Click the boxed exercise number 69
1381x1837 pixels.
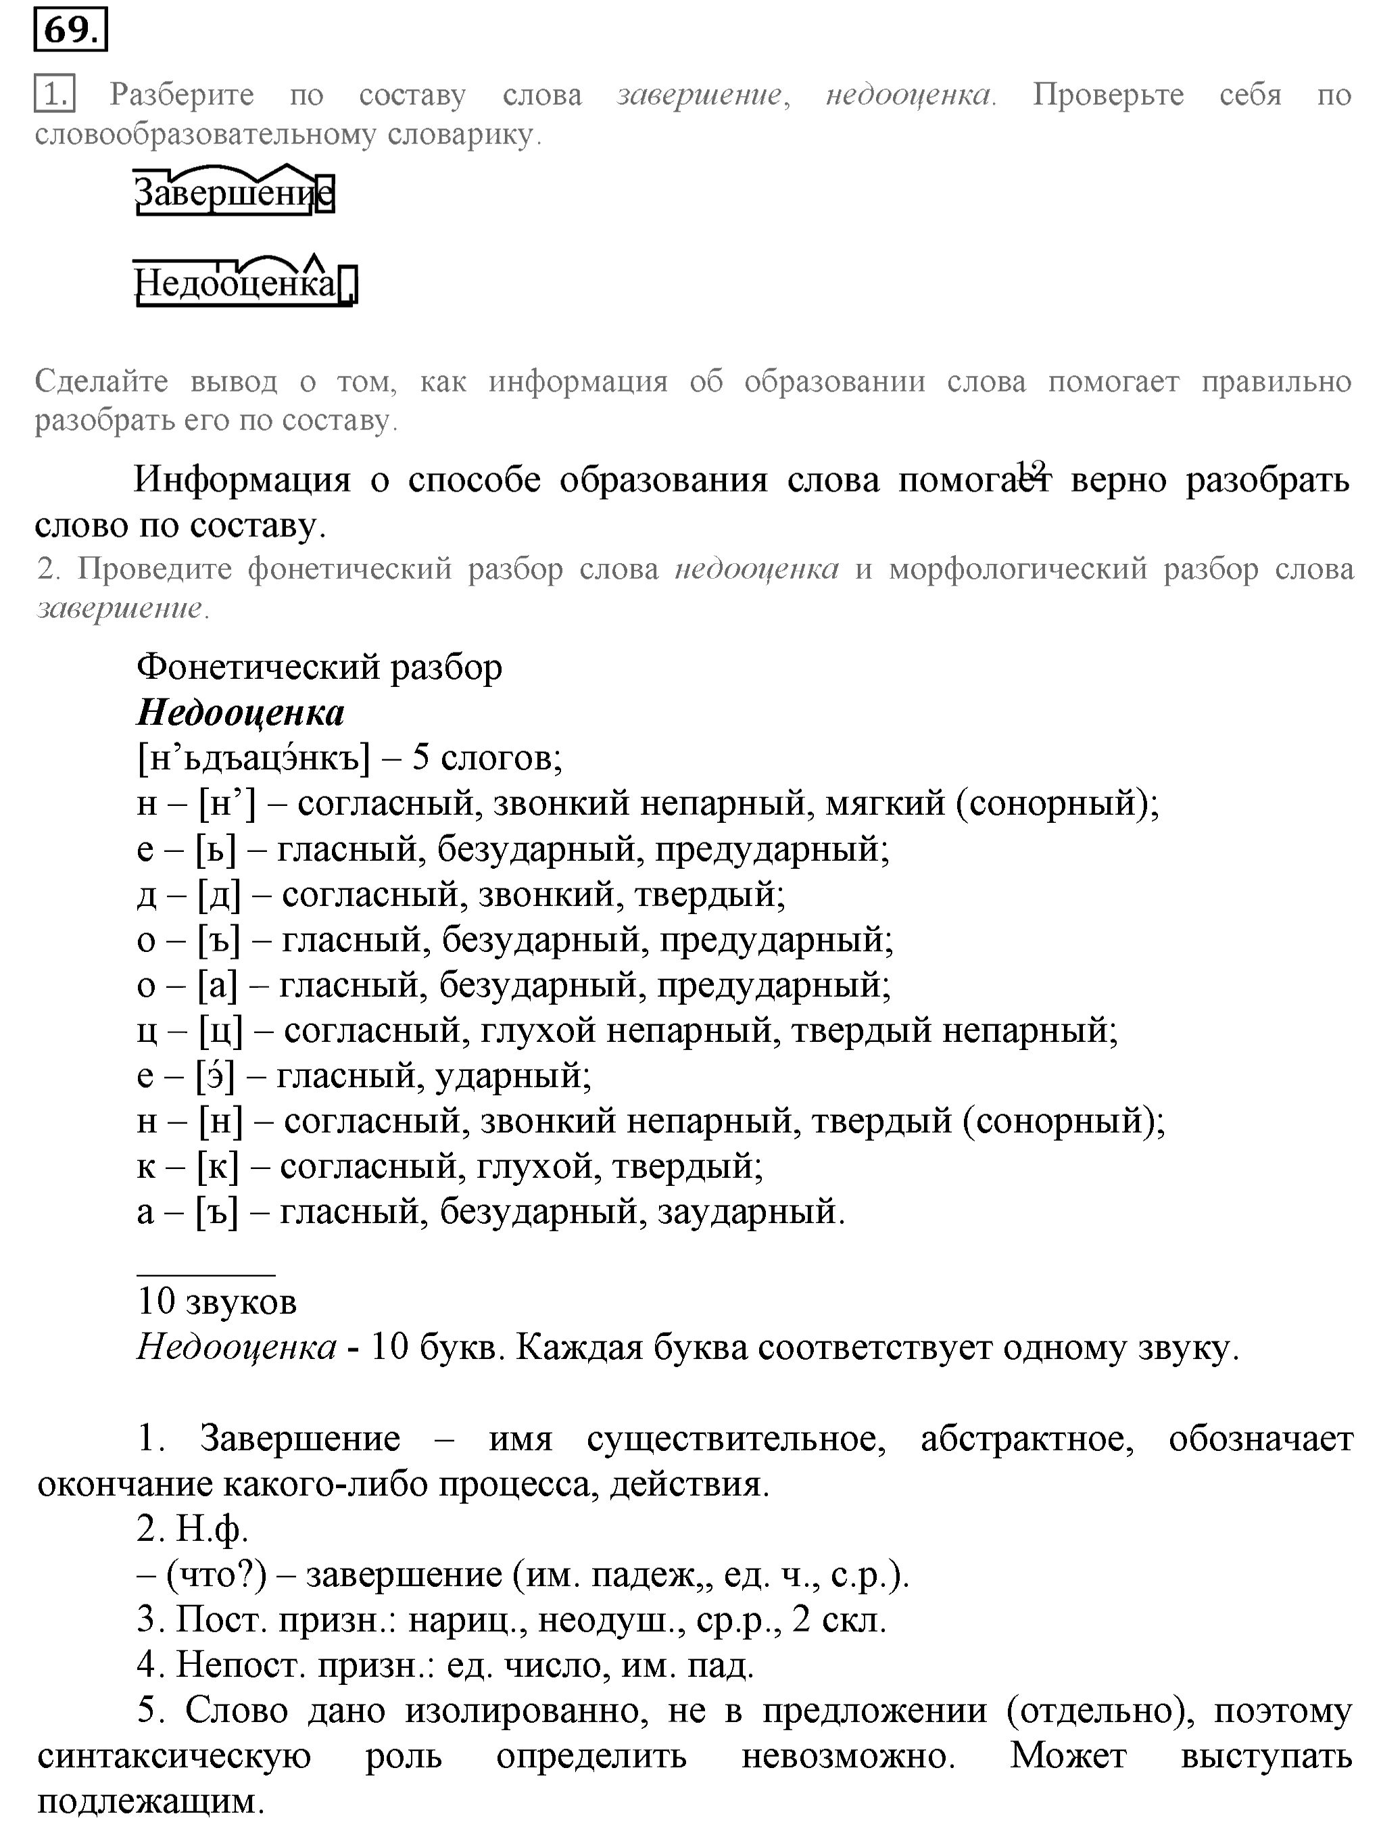click(70, 30)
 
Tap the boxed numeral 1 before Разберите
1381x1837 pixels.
click(54, 94)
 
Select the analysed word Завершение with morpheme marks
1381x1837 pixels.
click(233, 193)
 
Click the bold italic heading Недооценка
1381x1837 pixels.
click(241, 713)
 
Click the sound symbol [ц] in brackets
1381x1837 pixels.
click(221, 1030)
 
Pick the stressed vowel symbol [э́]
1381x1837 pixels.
click(216, 1076)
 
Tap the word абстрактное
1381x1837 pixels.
click(1026, 1439)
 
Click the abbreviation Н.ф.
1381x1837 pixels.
click(212, 1529)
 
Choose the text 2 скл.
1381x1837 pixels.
click(839, 1620)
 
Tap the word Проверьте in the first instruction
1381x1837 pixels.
click(1108, 95)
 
